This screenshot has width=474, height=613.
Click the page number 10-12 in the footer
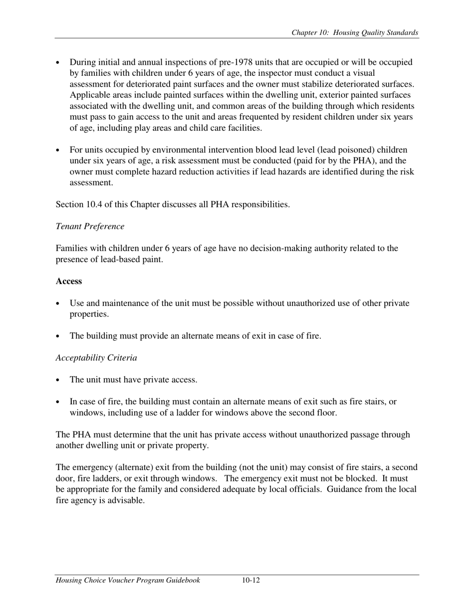point(251,580)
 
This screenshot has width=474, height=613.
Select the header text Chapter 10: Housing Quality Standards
point(355,33)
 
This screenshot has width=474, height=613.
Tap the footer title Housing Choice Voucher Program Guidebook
point(128,580)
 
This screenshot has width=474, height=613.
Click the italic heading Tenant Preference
point(90,226)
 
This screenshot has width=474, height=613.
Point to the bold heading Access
point(69,281)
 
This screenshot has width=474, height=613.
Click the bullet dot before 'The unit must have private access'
point(59,380)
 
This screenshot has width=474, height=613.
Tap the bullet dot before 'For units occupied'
point(59,151)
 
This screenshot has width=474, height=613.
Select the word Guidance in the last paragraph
point(357,489)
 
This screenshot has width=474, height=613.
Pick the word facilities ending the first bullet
point(243,128)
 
